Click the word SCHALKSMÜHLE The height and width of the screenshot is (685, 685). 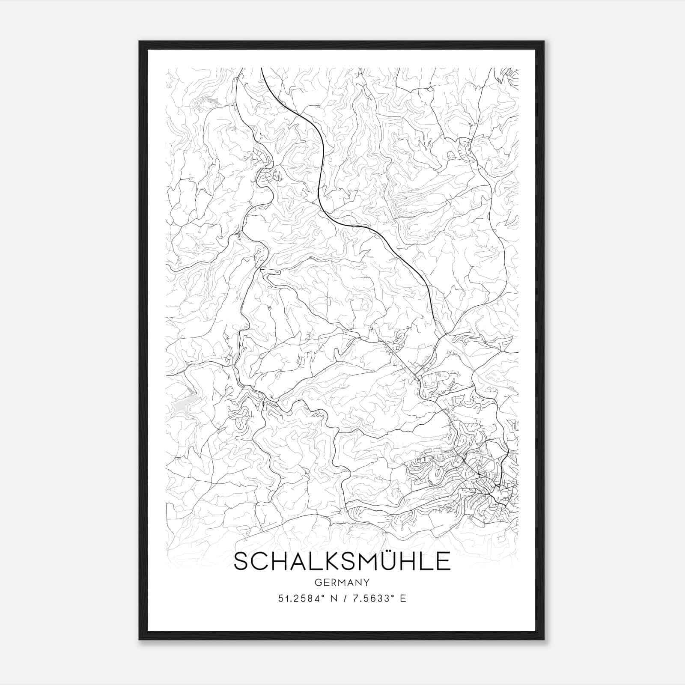click(342, 561)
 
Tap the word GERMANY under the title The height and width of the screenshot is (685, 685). click(342, 582)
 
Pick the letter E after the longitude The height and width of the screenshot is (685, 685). click(402, 599)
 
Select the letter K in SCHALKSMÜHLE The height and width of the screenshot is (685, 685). click(319, 561)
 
